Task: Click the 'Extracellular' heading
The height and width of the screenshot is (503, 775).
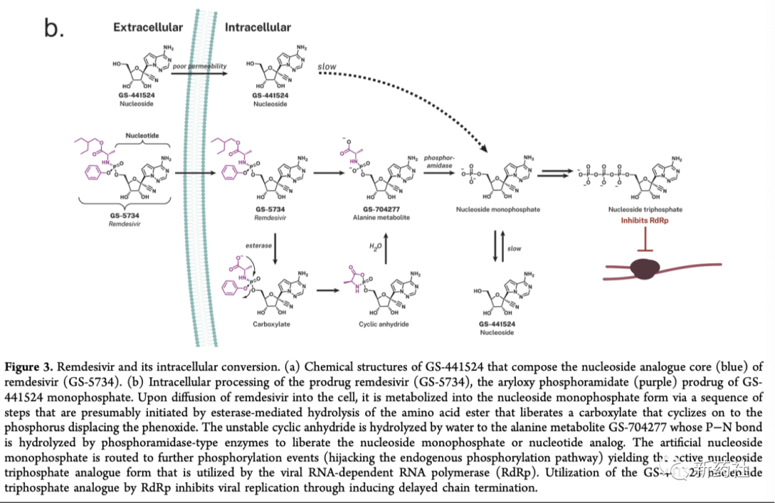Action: click(x=148, y=27)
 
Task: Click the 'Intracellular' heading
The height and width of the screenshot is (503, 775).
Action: click(x=258, y=27)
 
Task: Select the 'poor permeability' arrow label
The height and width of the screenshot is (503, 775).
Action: click(x=200, y=66)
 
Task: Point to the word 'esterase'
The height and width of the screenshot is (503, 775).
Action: click(x=258, y=245)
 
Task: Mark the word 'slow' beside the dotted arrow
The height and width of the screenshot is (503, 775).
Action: click(x=327, y=67)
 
